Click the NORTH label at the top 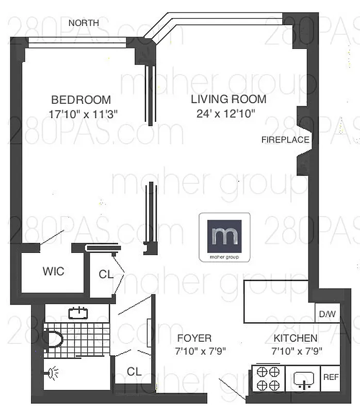[84, 23]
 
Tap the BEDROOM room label [81, 100]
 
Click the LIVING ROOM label [228, 99]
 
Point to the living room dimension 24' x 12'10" [226, 114]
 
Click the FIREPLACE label [285, 139]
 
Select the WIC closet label [53, 271]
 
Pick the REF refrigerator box [331, 377]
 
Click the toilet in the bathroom [54, 339]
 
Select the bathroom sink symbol [78, 313]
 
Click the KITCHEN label [295, 339]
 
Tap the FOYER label [194, 339]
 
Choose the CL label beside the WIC [106, 275]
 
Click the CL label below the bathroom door [134, 371]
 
